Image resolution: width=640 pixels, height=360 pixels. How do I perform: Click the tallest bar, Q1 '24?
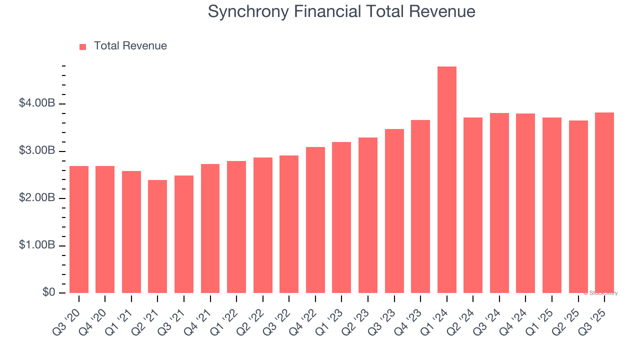pyautogui.click(x=446, y=180)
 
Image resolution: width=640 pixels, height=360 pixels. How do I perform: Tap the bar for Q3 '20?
pyautogui.click(x=79, y=229)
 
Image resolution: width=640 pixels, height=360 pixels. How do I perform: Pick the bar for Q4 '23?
pyautogui.click(x=420, y=206)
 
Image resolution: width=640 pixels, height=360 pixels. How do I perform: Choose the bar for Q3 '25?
pyautogui.click(x=604, y=202)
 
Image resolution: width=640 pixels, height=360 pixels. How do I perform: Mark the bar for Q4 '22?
pyautogui.click(x=315, y=220)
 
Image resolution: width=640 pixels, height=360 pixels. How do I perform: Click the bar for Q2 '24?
pyautogui.click(x=473, y=205)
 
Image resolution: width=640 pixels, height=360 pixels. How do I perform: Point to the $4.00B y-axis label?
pyautogui.click(x=37, y=103)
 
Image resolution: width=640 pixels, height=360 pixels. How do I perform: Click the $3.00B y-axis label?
pyautogui.click(x=37, y=151)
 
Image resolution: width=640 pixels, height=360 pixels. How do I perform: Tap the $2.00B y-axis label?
pyautogui.click(x=37, y=198)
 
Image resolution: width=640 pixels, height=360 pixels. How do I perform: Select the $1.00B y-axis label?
pyautogui.click(x=37, y=245)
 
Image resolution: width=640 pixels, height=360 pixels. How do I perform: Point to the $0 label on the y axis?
pyautogui.click(x=49, y=292)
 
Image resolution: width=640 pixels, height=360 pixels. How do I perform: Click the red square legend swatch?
pyautogui.click(x=83, y=46)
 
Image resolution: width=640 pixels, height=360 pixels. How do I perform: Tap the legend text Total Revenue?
pyautogui.click(x=130, y=46)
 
